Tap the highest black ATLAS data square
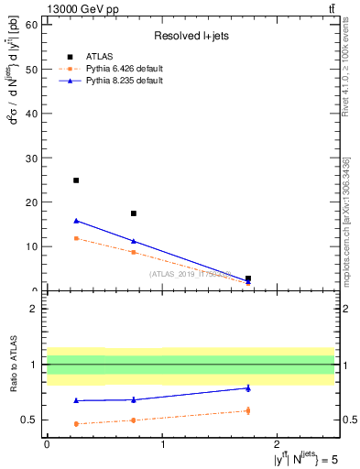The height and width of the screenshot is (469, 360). (x=76, y=180)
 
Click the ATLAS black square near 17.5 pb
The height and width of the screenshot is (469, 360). (x=134, y=213)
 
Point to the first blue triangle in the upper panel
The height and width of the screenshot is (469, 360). (x=76, y=221)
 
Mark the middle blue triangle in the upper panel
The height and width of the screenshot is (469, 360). (x=134, y=241)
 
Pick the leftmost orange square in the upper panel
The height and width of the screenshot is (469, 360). (x=76, y=238)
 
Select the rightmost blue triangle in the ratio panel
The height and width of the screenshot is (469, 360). (x=248, y=387)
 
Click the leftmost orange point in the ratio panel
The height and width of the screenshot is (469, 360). (x=76, y=423)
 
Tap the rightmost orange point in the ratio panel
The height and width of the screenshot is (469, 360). (x=248, y=410)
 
